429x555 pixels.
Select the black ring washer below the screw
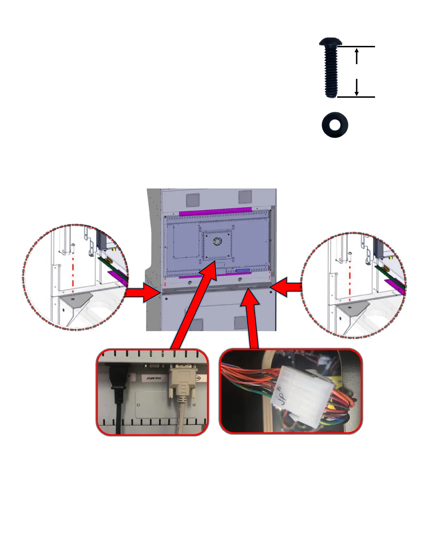(335, 125)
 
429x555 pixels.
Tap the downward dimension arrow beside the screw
(356, 88)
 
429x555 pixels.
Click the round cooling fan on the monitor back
(217, 241)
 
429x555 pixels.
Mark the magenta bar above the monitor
(215, 211)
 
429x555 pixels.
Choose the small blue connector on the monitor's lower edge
(243, 271)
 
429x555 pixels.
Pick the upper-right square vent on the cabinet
(245, 197)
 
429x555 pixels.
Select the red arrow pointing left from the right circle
(286, 287)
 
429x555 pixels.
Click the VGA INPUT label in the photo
(154, 378)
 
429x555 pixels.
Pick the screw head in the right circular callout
(350, 253)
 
